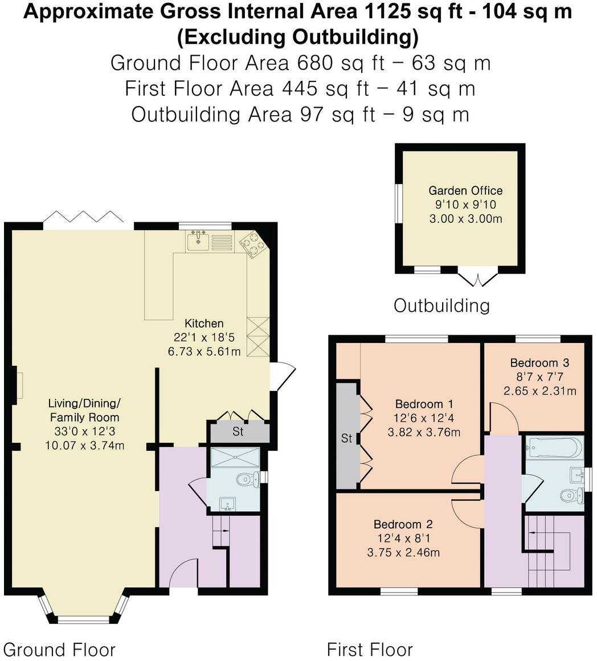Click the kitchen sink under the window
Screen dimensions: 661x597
point(199,242)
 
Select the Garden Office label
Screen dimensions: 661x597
point(465,191)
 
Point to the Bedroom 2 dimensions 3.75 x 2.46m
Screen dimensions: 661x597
point(406,552)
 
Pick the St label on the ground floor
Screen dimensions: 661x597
point(238,432)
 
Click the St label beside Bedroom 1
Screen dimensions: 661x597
point(346,439)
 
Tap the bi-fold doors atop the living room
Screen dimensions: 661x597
point(85,218)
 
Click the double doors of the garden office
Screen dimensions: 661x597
point(478,279)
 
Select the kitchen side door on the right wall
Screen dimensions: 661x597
point(283,376)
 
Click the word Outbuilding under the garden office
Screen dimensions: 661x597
point(441,305)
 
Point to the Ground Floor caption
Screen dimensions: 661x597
point(59,650)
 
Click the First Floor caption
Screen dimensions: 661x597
point(370,650)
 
